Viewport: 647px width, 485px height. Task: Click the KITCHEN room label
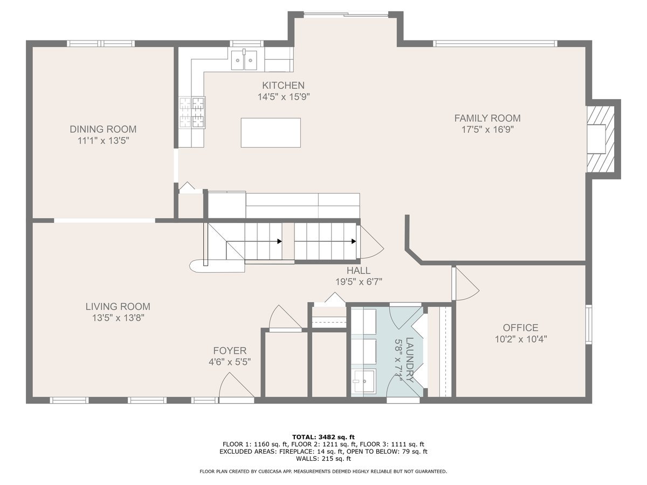283,85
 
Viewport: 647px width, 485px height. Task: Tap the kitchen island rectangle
271,133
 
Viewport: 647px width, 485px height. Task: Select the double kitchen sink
244,60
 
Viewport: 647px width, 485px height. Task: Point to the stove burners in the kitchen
192,113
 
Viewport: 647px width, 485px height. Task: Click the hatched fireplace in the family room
601,139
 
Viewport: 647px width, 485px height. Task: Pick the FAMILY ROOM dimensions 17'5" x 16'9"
487,129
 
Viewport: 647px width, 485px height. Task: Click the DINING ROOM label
103,129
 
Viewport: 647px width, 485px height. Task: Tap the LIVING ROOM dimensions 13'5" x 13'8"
118,318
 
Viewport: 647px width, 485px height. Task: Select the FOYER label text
230,351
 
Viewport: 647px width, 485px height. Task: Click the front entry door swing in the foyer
236,386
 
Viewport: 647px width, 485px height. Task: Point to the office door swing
466,283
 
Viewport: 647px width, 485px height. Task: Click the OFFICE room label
520,328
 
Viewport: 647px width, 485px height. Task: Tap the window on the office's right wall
588,324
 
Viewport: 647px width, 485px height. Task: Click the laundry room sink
364,382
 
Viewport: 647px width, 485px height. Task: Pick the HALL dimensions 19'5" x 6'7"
359,282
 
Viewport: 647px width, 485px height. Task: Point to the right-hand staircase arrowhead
353,241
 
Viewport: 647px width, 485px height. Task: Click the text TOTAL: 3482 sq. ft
323,437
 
